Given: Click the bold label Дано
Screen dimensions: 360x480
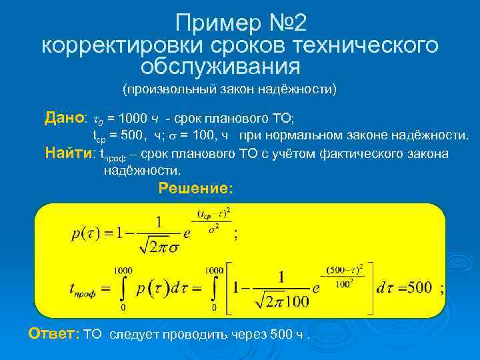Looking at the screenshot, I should [64, 118].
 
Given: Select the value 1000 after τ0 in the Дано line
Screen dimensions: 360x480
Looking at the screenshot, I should [131, 119].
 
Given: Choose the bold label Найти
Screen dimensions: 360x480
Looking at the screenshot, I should [68, 153].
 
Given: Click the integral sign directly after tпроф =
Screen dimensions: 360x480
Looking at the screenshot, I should [122, 288].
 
